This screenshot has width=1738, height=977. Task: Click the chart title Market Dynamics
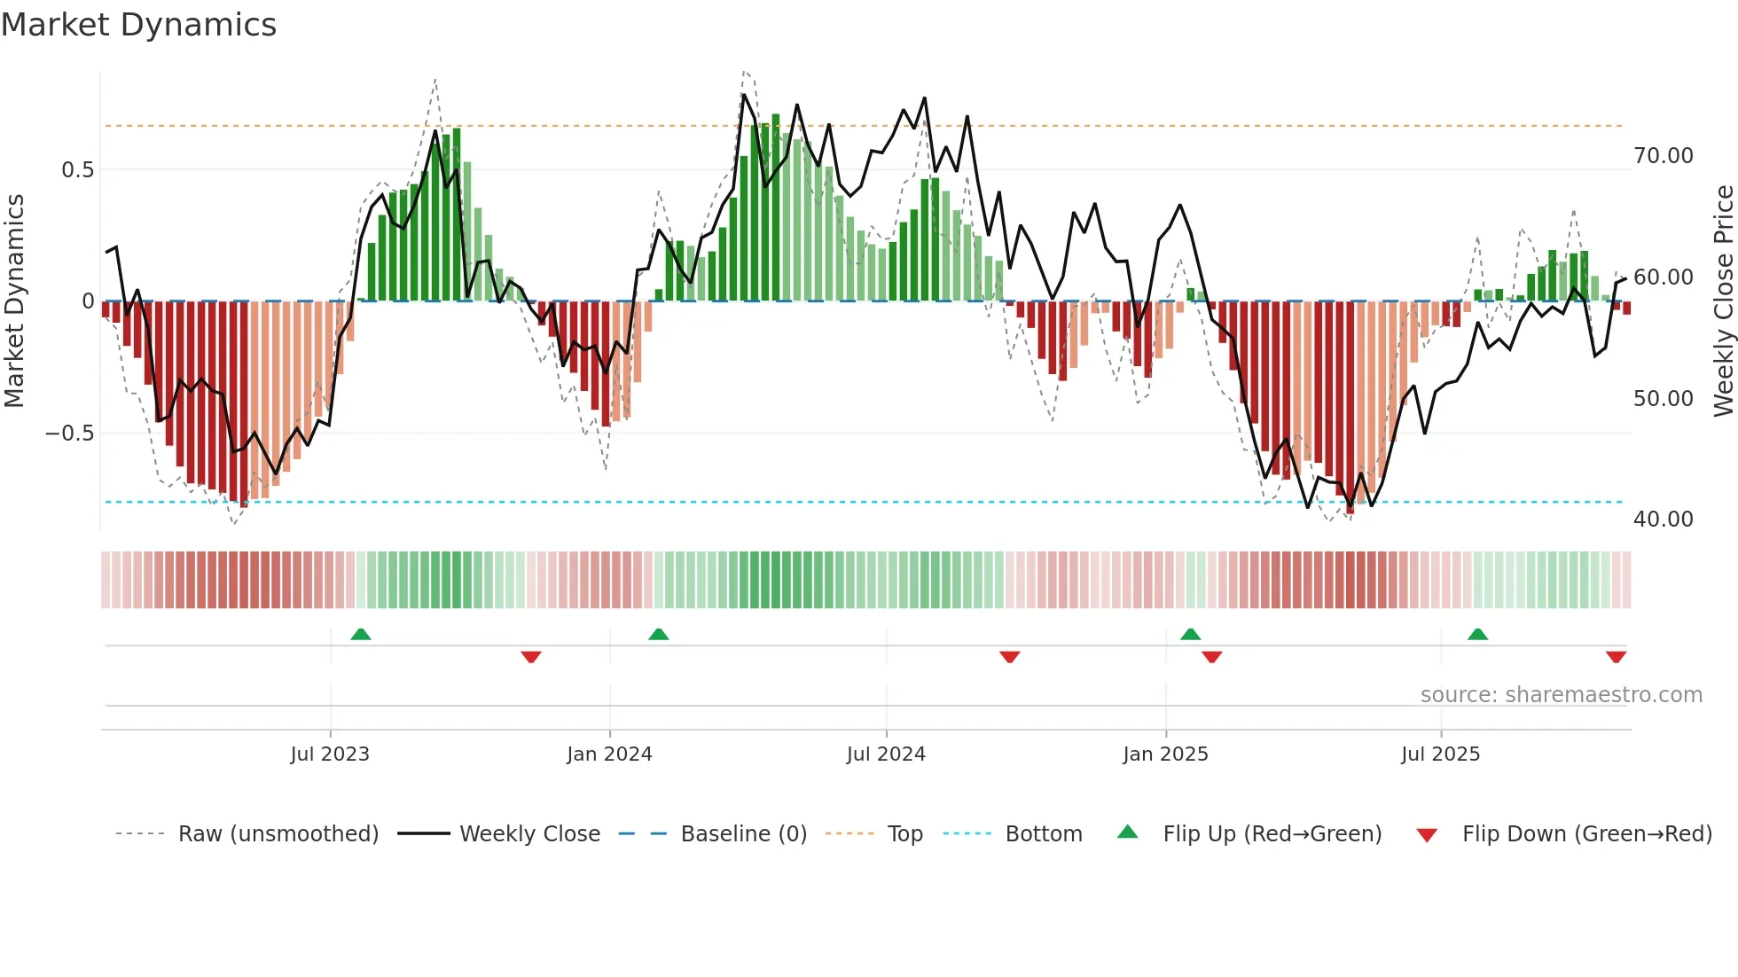(x=138, y=25)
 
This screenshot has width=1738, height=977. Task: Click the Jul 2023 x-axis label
(x=330, y=754)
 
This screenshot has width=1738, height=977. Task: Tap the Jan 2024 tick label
(x=609, y=754)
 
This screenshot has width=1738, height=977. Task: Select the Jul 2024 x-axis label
(x=886, y=754)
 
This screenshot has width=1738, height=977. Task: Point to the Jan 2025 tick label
(x=1165, y=754)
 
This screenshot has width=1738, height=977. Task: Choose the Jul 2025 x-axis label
(x=1441, y=754)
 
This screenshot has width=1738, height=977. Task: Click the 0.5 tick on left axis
(x=77, y=170)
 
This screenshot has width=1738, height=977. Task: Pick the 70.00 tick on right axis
(x=1664, y=156)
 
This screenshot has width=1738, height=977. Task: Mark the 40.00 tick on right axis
(x=1664, y=520)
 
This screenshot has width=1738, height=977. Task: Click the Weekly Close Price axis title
(x=1723, y=301)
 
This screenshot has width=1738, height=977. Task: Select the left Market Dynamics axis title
(x=14, y=301)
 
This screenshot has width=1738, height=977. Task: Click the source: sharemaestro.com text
(x=1561, y=695)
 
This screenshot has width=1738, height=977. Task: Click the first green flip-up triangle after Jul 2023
(x=361, y=635)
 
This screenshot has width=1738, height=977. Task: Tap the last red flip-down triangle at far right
(x=1616, y=657)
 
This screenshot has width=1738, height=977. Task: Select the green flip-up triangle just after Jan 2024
(x=658, y=635)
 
